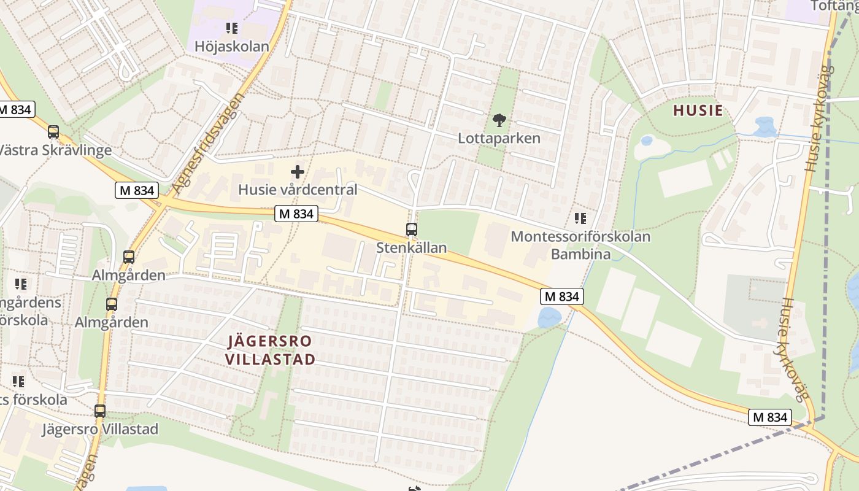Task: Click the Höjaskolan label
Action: pos(232,47)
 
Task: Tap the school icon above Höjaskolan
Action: pos(231,28)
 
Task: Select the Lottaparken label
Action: pos(499,138)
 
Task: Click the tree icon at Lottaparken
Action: pos(499,120)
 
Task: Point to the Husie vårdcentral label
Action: pos(298,190)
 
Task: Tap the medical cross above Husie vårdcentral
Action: pos(298,172)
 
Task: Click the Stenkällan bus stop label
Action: pos(411,248)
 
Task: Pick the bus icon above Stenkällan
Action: pos(411,230)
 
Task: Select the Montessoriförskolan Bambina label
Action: pos(580,245)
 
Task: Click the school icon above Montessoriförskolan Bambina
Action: pos(580,218)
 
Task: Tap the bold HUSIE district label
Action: pos(698,111)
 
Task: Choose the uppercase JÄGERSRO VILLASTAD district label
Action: pos(270,350)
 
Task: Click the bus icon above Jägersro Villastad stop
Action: pos(100,411)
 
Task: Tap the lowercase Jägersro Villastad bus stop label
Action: pos(100,429)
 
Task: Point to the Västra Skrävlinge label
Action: pos(55,150)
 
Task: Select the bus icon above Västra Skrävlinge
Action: pos(53,131)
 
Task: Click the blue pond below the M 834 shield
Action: pos(549,318)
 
